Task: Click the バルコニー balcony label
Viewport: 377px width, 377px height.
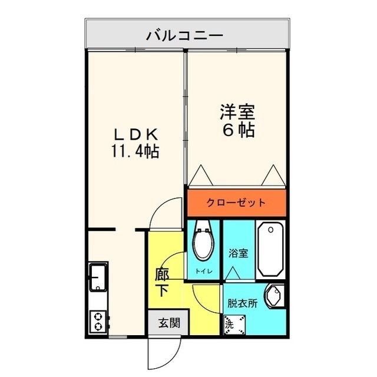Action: (185, 36)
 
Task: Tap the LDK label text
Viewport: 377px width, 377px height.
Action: (136, 135)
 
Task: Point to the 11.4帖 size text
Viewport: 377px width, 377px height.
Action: (135, 151)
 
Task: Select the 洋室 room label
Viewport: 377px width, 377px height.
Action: (237, 112)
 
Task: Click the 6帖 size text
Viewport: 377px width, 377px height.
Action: (238, 130)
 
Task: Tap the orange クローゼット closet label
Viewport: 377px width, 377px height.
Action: (236, 203)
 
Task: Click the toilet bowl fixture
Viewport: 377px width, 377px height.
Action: (203, 240)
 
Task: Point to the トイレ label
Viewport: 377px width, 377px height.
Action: (204, 272)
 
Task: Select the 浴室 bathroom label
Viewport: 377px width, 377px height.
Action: (238, 253)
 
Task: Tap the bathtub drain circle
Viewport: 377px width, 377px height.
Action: (271, 230)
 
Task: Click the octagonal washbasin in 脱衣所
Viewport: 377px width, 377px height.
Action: (275, 295)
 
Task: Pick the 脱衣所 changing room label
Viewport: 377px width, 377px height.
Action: (242, 303)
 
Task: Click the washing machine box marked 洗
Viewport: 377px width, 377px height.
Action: (234, 325)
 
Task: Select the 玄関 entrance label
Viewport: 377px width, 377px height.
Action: (169, 323)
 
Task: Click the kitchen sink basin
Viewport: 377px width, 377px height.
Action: (98, 277)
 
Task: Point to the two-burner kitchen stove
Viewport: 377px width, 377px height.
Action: (98, 322)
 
